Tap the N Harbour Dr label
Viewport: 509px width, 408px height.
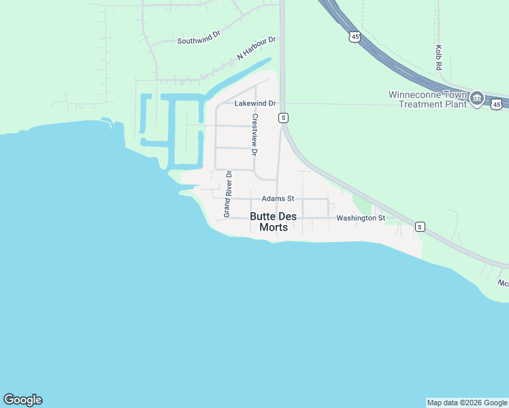click(257, 47)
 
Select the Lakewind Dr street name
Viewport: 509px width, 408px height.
click(255, 104)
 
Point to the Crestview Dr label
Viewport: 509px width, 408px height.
click(255, 135)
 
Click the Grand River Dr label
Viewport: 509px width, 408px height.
click(228, 194)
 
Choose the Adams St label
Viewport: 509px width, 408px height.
click(278, 199)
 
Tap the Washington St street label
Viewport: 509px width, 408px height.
click(361, 218)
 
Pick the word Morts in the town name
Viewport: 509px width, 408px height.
click(274, 228)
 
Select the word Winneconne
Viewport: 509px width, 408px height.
click(416, 95)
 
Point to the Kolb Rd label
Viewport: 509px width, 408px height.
click(439, 58)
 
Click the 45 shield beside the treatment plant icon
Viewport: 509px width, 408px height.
click(497, 104)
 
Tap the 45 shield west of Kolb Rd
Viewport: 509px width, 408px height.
click(354, 37)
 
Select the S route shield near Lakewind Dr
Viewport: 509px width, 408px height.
click(283, 118)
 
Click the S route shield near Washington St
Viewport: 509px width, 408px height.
click(420, 226)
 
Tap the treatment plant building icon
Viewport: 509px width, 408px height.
click(477, 99)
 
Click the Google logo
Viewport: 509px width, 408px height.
click(22, 400)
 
